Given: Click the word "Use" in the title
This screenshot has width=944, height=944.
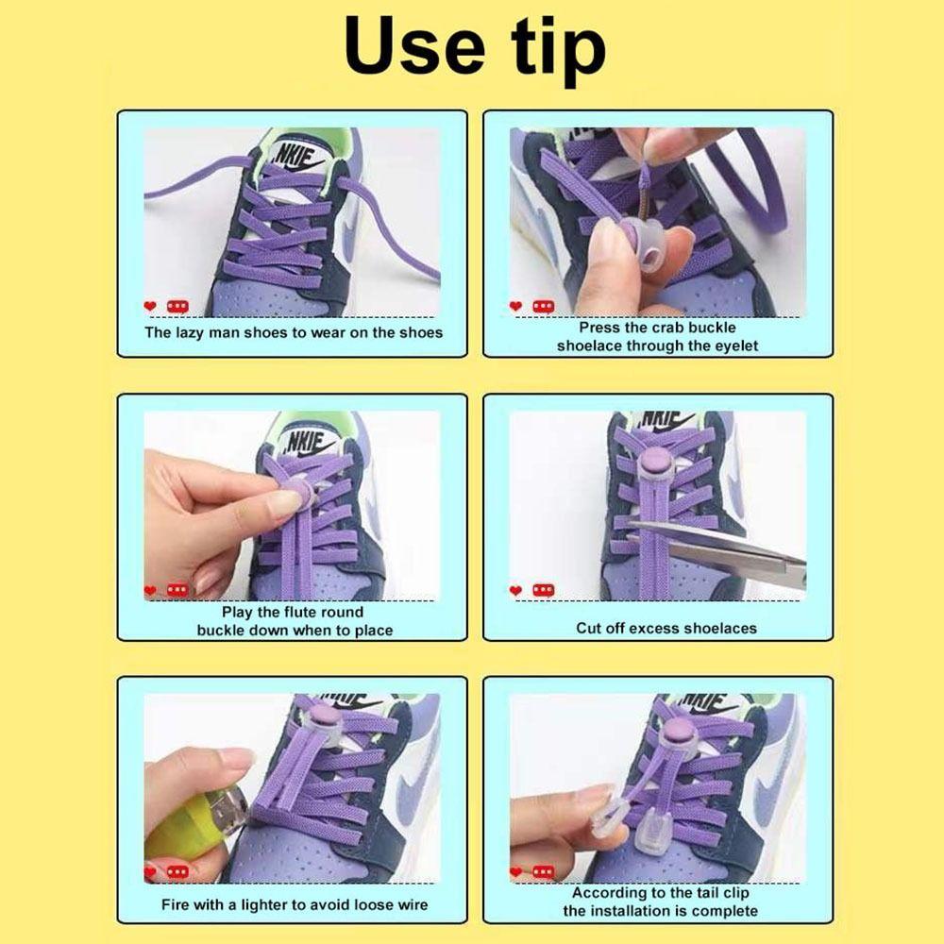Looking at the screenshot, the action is (x=414, y=47).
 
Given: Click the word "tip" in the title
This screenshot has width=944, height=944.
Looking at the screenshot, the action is (x=558, y=52).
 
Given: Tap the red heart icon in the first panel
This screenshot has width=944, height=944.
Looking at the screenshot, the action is (x=150, y=307).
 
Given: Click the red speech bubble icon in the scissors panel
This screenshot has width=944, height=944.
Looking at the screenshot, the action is (x=543, y=590).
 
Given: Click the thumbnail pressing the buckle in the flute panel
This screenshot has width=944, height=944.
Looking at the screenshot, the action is (x=284, y=501).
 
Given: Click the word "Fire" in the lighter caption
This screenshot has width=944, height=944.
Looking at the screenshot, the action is (x=175, y=905).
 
